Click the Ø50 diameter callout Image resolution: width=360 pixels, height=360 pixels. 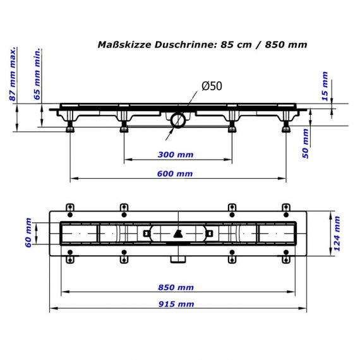click(212, 86)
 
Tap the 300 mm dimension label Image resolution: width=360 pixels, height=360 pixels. click(176, 155)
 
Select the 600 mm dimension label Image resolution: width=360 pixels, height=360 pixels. click(175, 174)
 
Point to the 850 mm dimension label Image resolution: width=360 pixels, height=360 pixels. click(176, 287)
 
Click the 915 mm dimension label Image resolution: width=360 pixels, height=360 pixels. click(176, 304)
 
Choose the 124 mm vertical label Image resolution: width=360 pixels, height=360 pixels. click(337, 234)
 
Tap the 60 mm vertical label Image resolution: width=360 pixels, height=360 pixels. click(28, 233)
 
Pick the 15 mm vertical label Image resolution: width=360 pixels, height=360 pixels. click(325, 87)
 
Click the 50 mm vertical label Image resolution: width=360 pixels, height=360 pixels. click(305, 143)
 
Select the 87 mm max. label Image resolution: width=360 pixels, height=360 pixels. click(13, 74)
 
